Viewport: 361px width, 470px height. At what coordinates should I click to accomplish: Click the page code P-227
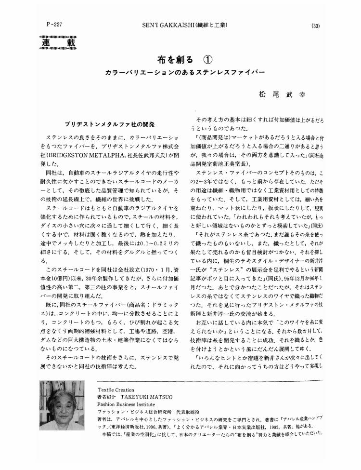pyautogui.click(x=52, y=24)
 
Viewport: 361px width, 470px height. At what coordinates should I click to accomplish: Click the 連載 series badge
pyautogui.click(x=58, y=44)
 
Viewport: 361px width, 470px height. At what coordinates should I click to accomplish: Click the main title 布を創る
pyautogui.click(x=176, y=60)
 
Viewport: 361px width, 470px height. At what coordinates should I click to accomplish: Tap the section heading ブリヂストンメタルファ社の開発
pyautogui.click(x=109, y=124)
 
